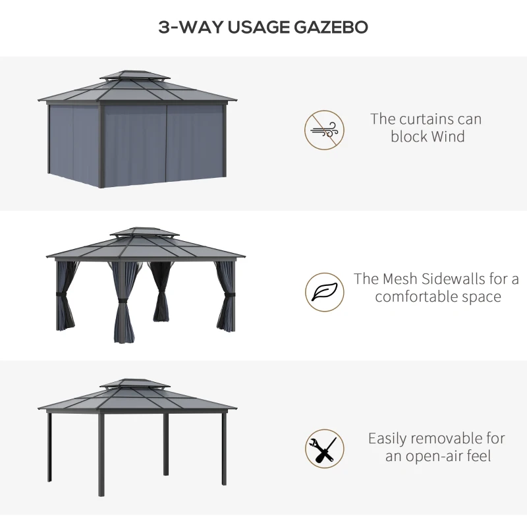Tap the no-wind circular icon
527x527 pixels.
(324, 130)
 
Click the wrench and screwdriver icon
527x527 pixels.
(324, 449)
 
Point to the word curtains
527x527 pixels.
(422, 119)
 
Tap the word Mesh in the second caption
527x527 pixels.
(402, 279)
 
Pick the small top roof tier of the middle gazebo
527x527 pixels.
(144, 233)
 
